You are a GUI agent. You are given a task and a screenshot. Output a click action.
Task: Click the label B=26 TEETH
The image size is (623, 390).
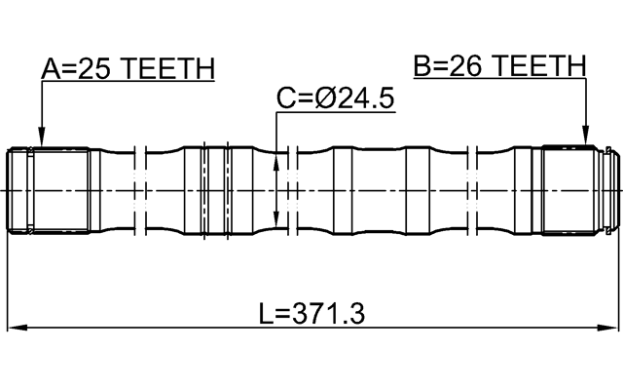coord(499,65)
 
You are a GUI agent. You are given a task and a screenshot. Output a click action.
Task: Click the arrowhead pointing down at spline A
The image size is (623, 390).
coord(40,138)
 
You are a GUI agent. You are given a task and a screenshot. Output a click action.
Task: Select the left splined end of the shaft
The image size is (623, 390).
coord(49,189)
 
